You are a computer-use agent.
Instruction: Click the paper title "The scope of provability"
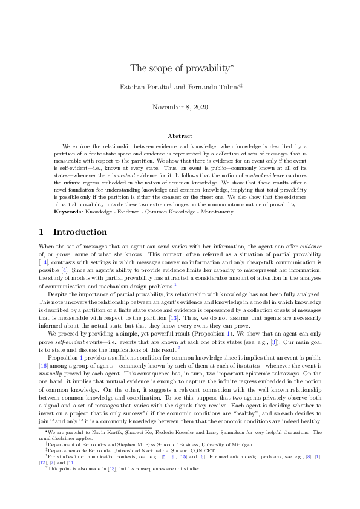tap(177, 67)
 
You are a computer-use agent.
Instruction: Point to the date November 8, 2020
tap(180, 107)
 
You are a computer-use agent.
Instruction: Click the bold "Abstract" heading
tap(180, 137)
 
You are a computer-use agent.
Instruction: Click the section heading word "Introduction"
tap(80, 232)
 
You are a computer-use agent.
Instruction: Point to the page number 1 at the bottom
tap(180, 486)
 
